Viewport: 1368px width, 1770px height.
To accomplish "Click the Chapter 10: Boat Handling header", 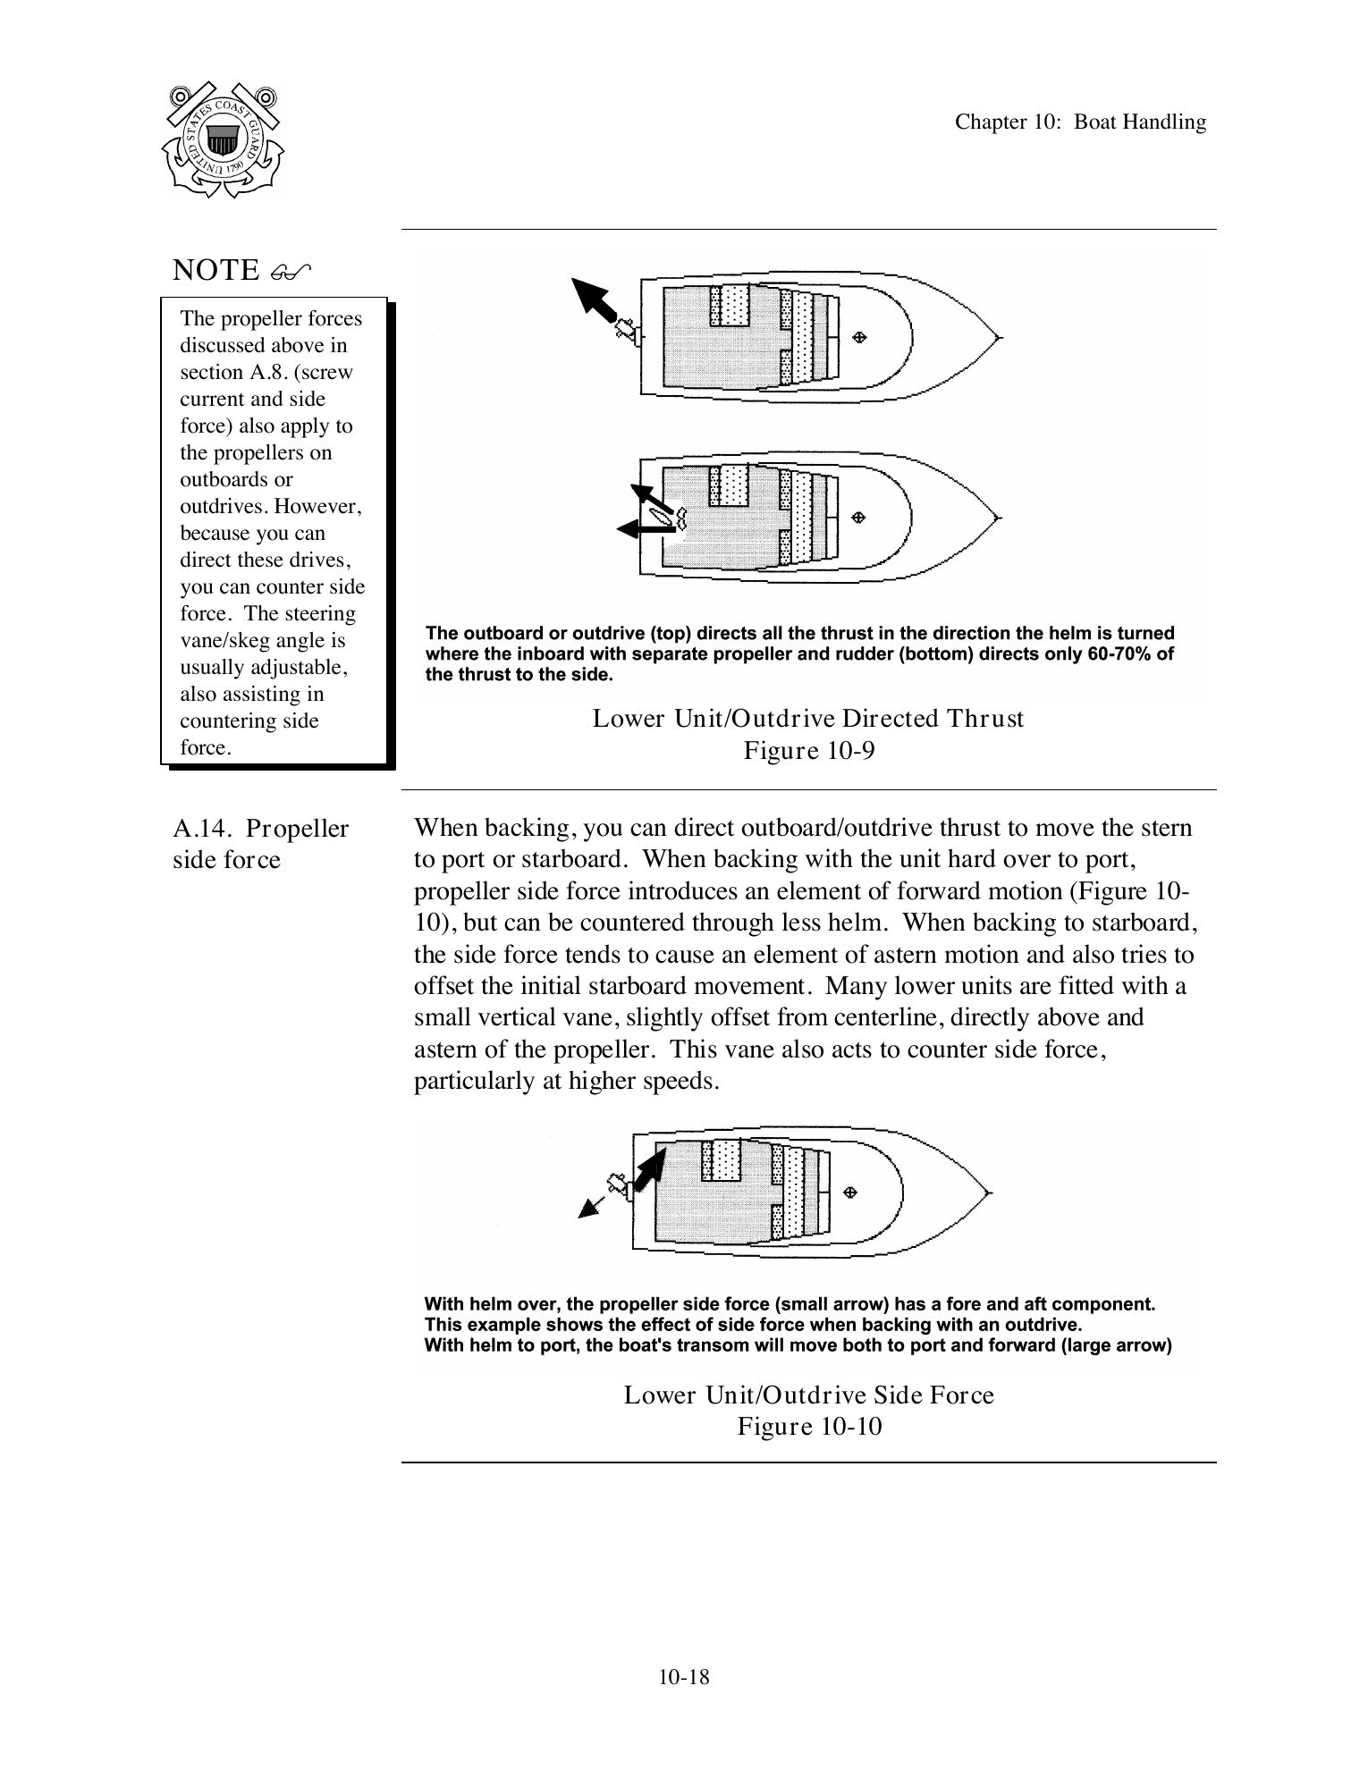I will (1079, 122).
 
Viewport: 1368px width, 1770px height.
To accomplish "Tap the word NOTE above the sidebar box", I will (215, 270).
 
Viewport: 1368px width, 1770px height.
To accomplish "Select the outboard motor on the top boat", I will (628, 331).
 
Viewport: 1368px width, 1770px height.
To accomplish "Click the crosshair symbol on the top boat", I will (860, 337).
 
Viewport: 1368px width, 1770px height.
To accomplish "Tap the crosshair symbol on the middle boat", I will (858, 517).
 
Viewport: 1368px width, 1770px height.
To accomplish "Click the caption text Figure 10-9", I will (808, 750).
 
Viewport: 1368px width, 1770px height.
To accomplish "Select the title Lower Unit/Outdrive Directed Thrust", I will (807, 719).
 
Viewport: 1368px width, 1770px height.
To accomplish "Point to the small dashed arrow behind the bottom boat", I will (591, 1205).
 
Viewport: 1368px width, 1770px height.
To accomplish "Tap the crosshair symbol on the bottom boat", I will (851, 1192).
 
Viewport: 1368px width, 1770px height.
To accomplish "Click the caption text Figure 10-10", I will (808, 1426).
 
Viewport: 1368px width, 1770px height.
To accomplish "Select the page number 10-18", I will (683, 1677).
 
